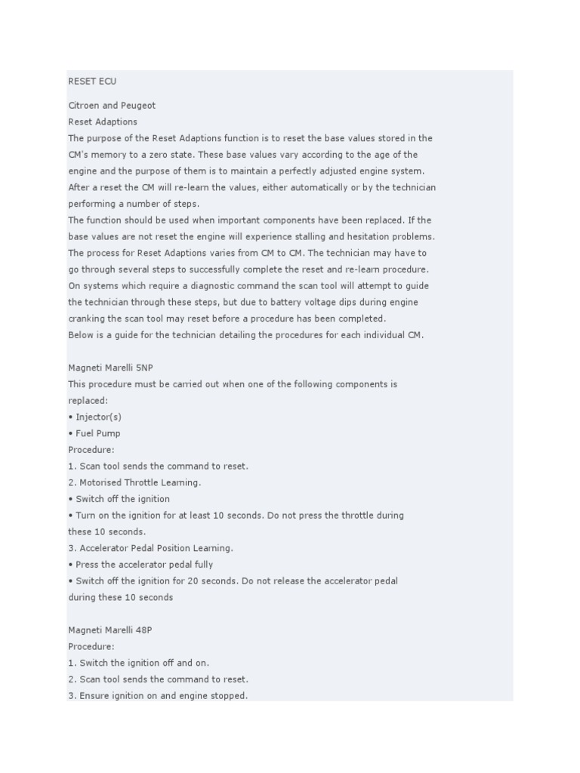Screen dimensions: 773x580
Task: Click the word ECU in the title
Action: [107, 81]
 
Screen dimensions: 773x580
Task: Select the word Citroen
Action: [84, 106]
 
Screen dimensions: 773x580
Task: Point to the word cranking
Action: [87, 319]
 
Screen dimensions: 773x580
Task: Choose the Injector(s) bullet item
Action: [98, 417]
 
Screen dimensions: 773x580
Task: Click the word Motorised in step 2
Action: [102, 482]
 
